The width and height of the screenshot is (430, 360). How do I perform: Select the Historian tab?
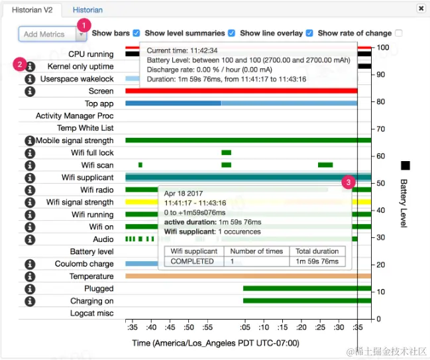pyautogui.click(x=87, y=10)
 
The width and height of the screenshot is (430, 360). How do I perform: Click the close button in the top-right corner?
pyautogui.click(x=421, y=9)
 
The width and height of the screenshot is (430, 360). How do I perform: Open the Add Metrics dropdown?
pyautogui.click(x=81, y=34)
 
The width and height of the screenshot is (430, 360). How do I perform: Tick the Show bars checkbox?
pyautogui.click(x=136, y=33)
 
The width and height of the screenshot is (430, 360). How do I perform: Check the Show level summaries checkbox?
pyautogui.click(x=231, y=33)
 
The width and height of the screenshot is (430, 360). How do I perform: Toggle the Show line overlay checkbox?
pyautogui.click(x=309, y=33)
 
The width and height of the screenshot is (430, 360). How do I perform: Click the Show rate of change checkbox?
pyautogui.click(x=398, y=33)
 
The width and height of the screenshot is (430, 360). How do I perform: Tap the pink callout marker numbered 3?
pyautogui.click(x=349, y=182)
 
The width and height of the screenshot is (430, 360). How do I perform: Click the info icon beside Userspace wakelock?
pyautogui.click(x=29, y=79)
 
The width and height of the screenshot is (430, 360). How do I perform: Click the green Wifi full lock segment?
pyautogui.click(x=226, y=152)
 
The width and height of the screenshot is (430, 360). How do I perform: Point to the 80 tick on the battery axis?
pyautogui.click(x=380, y=102)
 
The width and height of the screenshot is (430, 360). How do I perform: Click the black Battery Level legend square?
pyautogui.click(x=405, y=165)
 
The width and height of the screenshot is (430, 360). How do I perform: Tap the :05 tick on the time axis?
pyautogui.click(x=245, y=327)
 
